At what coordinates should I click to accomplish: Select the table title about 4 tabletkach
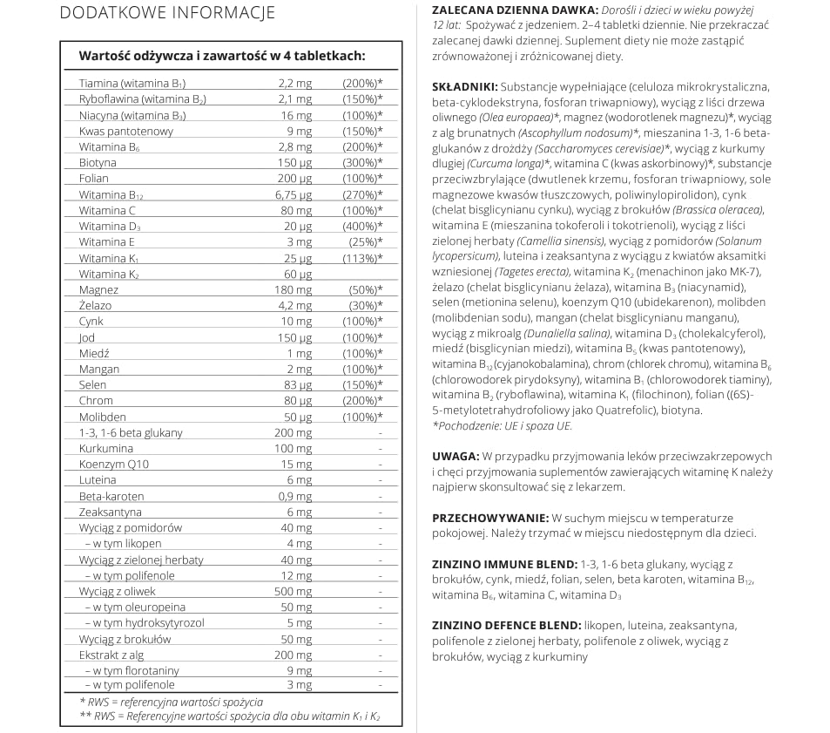point(221,56)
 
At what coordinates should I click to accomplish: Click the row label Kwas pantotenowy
point(125,131)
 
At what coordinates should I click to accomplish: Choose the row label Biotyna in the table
point(98,163)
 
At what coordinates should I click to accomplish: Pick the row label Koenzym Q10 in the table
point(113,464)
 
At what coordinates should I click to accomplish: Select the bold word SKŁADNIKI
point(465,87)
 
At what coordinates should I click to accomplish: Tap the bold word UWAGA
point(455,456)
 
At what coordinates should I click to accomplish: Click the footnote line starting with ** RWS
point(230,717)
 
